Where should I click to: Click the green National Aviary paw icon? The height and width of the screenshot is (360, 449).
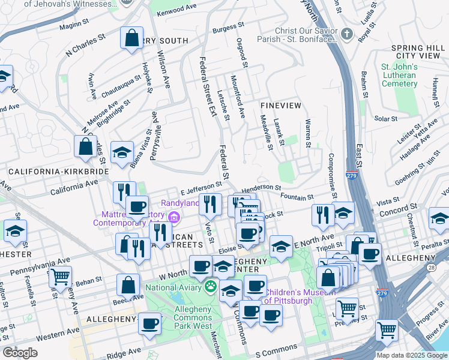211,286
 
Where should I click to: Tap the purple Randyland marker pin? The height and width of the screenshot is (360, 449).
175,217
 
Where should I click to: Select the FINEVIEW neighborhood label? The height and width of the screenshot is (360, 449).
280,105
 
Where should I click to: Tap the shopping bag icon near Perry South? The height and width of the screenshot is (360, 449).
131,38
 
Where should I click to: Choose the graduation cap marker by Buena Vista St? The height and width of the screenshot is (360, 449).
122,152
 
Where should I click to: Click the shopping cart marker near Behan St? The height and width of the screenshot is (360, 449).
60,277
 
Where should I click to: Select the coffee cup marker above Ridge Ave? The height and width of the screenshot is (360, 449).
149,324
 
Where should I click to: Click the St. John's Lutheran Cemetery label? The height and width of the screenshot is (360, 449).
399,75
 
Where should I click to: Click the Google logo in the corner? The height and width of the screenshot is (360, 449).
20,353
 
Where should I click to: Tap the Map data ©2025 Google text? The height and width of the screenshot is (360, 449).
411,355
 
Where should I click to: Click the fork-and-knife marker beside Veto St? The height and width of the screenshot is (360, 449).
209,204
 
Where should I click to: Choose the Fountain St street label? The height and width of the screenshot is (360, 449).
297,197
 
